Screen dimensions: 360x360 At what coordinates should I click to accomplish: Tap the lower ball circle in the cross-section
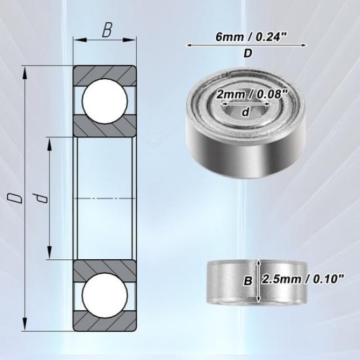[x=105, y=294]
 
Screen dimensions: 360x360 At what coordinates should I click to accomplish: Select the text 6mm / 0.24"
[x=247, y=38]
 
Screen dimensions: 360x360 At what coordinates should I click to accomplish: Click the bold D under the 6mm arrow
[x=247, y=55]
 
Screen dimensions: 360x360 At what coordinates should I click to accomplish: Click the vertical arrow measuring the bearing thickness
[x=259, y=280]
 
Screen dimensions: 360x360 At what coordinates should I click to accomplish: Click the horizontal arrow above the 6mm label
[x=247, y=45]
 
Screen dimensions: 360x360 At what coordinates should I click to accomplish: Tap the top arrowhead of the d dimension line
[x=50, y=142]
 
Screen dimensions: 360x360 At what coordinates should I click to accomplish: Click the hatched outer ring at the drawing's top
[x=105, y=73]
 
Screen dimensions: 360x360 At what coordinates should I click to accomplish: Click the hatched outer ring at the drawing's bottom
[x=105, y=322]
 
